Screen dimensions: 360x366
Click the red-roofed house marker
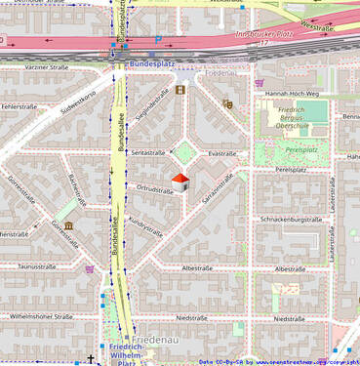tap(180, 183)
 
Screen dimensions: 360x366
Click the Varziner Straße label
tap(46, 67)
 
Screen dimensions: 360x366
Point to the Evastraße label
tap(222, 153)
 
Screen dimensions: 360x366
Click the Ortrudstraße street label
tap(154, 189)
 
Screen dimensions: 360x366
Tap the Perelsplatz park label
tap(301, 150)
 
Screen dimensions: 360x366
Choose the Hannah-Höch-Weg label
tap(286, 93)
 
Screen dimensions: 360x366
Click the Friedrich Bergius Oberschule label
tap(299, 118)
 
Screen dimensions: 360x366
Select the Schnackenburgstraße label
tap(291, 220)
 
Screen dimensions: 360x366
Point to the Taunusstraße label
tap(39, 265)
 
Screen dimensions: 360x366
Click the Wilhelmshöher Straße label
tap(42, 317)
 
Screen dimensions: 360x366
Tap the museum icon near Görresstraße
tap(68, 227)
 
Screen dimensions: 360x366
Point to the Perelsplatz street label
tap(292, 169)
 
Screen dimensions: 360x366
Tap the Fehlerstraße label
tap(20, 105)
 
